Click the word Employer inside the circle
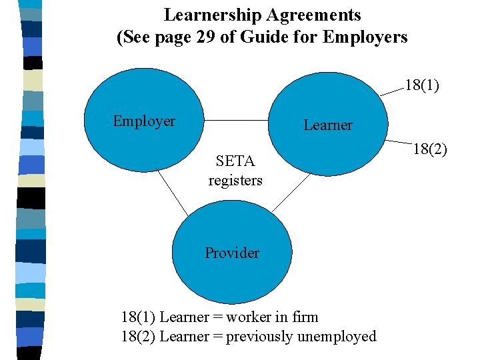tap(143, 121)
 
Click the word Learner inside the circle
tap(327, 125)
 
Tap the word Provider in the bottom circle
tap(231, 253)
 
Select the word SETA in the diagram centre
tap(235, 161)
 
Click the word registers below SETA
tap(235, 180)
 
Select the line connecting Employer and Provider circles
tap(173, 190)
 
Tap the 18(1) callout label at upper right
tap(422, 85)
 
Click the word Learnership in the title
tap(213, 15)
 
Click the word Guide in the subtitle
tap(257, 37)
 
